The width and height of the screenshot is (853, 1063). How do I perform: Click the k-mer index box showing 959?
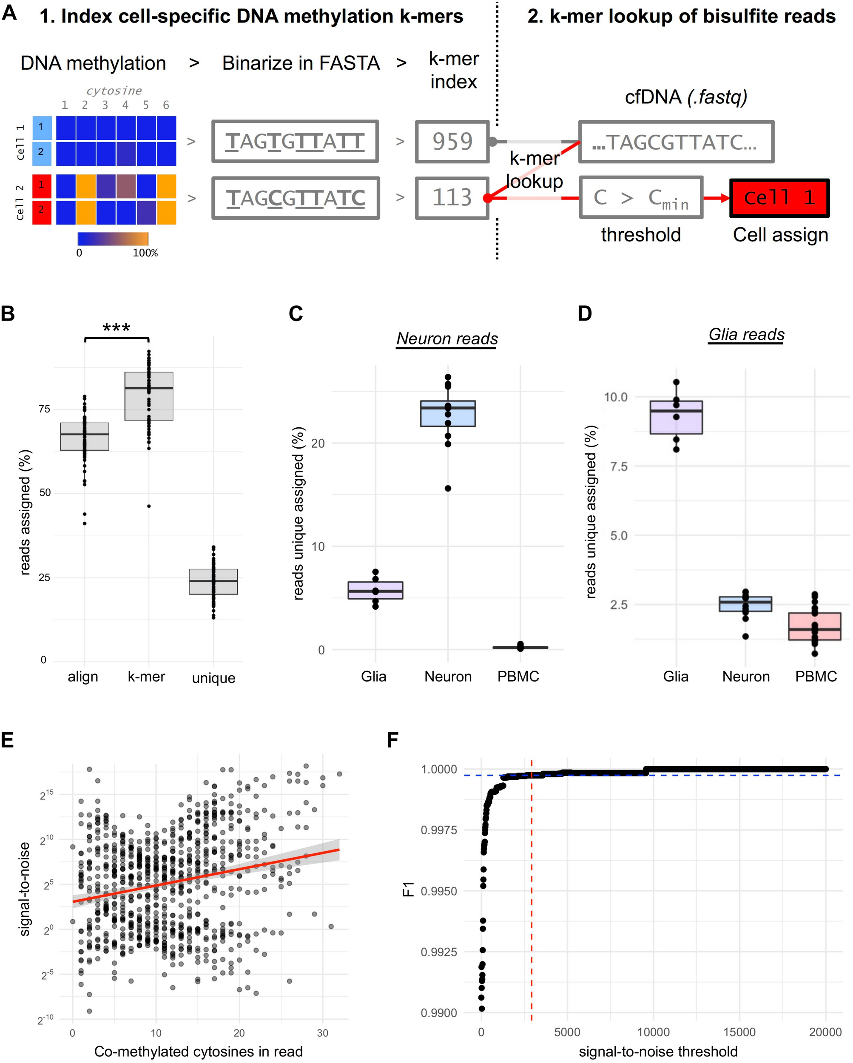[x=452, y=142]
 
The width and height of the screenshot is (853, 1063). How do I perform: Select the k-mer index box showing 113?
[x=452, y=198]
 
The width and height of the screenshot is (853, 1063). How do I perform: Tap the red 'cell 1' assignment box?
[x=779, y=198]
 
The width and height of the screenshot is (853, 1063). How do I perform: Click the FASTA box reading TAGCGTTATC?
[x=296, y=198]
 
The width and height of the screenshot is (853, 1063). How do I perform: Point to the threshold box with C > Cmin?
[x=640, y=198]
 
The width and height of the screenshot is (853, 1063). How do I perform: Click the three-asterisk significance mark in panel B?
[x=117, y=328]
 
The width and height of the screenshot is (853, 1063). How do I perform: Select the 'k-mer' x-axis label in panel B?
[x=146, y=676]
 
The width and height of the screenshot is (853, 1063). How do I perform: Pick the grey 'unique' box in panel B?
[x=213, y=582]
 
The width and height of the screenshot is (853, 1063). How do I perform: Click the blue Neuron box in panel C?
[x=448, y=413]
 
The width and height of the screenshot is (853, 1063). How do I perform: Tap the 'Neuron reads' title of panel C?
[x=447, y=339]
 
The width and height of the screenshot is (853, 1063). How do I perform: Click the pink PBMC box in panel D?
[x=815, y=626]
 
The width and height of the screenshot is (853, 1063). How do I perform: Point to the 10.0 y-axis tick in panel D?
[x=615, y=397]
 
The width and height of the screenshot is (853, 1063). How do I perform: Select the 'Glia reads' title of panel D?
[x=746, y=334]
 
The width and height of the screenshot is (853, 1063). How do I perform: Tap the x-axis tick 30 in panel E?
[x=322, y=1033]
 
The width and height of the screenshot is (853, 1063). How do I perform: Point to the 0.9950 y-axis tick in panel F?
[x=439, y=891]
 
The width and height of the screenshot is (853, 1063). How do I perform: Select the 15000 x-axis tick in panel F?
[x=739, y=1032]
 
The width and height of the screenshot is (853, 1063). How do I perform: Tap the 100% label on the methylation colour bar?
[x=145, y=253]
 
